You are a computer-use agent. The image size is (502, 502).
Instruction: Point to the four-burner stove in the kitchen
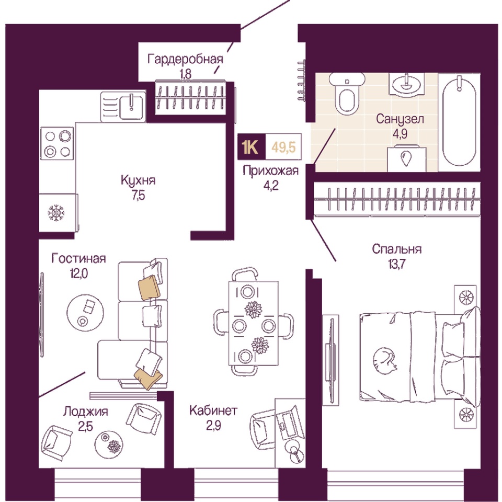(x=58, y=144)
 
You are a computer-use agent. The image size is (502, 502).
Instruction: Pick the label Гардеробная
(x=185, y=59)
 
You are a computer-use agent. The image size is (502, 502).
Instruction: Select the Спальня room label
(x=397, y=249)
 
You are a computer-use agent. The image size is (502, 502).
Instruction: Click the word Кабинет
(x=213, y=410)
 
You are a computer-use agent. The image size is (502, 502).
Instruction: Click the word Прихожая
(x=270, y=170)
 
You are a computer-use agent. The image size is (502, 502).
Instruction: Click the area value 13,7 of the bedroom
(x=397, y=263)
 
